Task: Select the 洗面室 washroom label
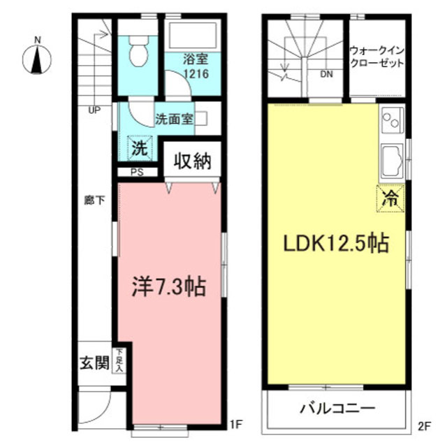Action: (x=173, y=118)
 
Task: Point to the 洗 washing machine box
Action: (x=140, y=149)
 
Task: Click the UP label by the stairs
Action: (x=94, y=110)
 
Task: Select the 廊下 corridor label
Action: (x=94, y=200)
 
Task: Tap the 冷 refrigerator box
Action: (x=392, y=197)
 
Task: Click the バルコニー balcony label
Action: (x=338, y=409)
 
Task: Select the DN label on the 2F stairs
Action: (x=325, y=73)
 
